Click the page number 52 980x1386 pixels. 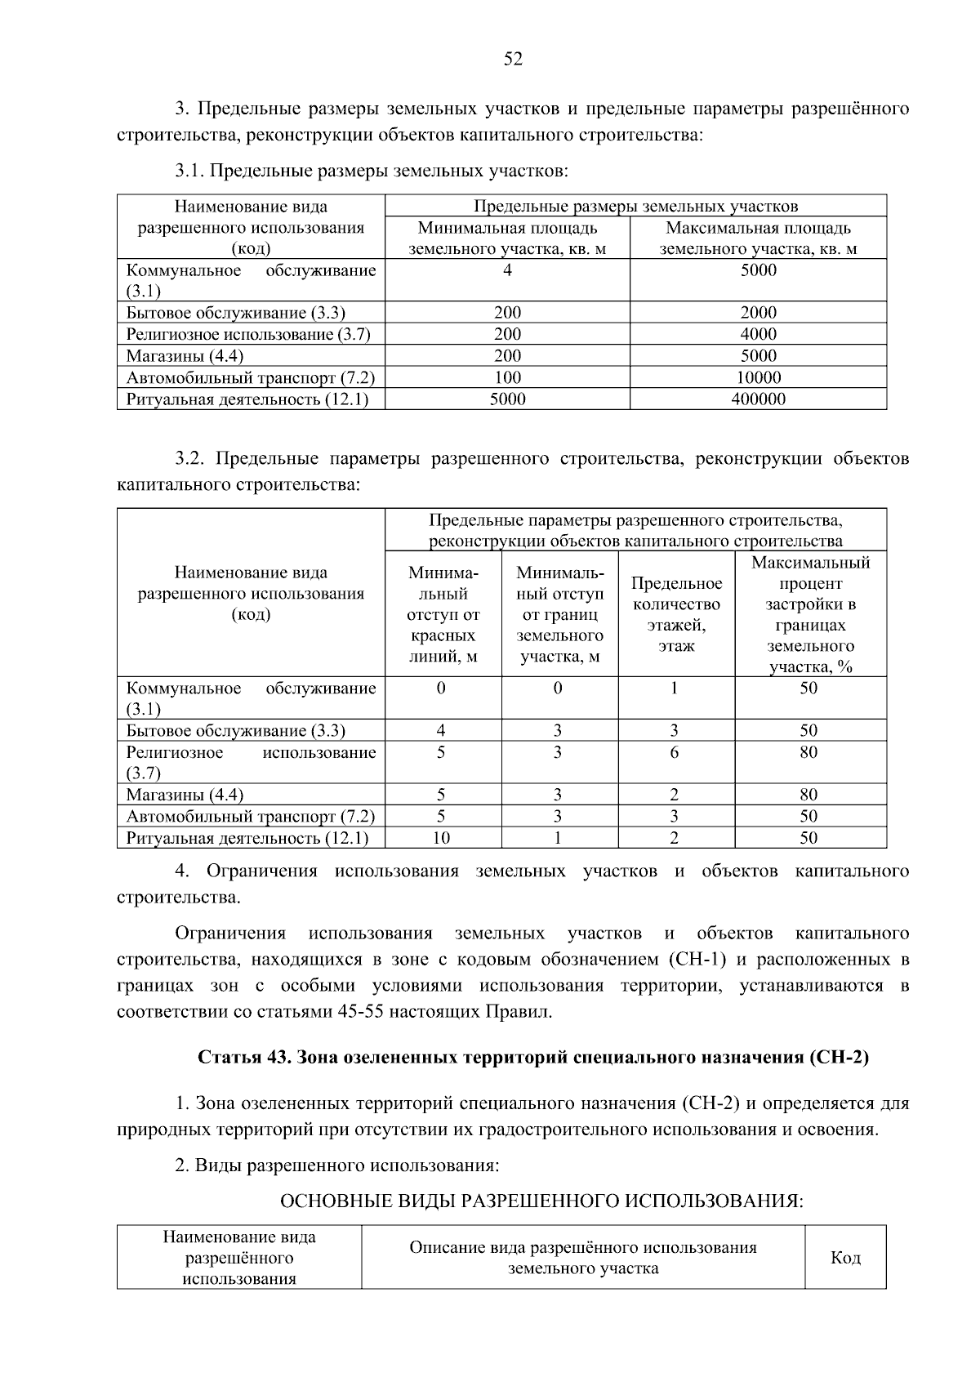[513, 59]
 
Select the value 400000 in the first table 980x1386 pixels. [758, 399]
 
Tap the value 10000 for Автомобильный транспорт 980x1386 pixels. [758, 377]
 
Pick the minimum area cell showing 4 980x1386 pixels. [507, 270]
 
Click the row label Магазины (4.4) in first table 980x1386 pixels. [185, 356]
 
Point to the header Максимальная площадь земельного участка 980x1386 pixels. [758, 238]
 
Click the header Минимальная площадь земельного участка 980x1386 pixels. [507, 238]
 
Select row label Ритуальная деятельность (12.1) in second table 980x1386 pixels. [247, 838]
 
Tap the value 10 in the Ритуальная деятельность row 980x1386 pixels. [441, 838]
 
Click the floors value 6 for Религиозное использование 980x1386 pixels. [675, 752]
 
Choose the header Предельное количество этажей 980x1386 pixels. [676, 614]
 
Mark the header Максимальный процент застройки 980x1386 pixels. [810, 614]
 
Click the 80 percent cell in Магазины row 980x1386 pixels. [808, 795]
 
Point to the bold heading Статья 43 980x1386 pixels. [533, 1057]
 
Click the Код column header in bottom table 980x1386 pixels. [845, 1258]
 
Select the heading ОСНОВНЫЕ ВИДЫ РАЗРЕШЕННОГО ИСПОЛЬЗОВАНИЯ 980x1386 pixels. [542, 1201]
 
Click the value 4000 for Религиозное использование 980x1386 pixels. [758, 334]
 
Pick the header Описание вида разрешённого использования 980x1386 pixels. [583, 1258]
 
